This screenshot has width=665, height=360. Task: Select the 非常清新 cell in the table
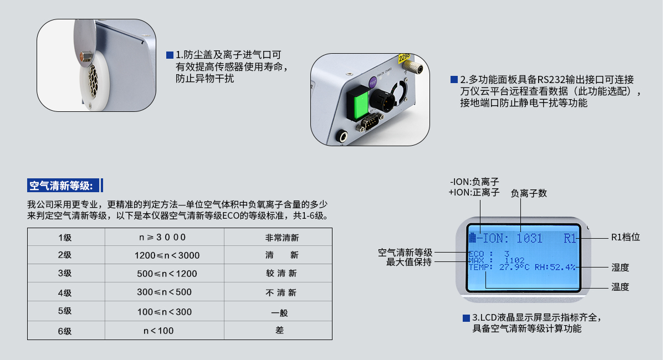pos(282,238)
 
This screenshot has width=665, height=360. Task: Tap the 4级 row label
pos(65,292)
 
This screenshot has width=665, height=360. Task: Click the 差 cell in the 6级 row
pos(279,331)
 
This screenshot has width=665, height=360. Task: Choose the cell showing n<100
pos(158,331)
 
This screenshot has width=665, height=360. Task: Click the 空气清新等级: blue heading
pos(64,185)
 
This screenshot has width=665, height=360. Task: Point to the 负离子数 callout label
pos(529,193)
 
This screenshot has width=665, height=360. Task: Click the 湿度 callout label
pos(620,268)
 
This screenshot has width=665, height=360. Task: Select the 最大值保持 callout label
pos(408,262)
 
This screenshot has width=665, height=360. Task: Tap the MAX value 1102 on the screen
pos(515,260)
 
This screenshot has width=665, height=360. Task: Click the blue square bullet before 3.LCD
pos(466,318)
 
